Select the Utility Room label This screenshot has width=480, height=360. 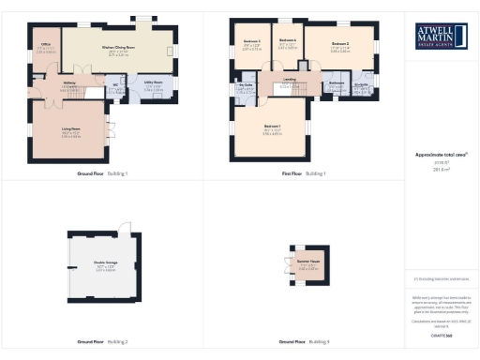click(152, 82)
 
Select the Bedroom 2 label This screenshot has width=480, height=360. click(340, 44)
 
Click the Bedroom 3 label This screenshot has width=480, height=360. click(251, 42)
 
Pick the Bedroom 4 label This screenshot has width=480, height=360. click(289, 40)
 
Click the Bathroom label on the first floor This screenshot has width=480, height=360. click(337, 83)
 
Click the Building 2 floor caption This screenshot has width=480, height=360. click(118, 342)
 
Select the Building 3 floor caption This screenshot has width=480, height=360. click(321, 342)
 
